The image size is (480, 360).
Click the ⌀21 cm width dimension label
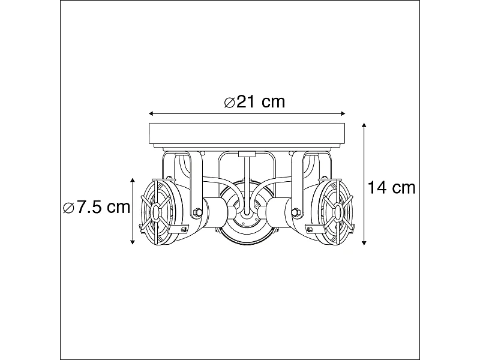(x=254, y=102)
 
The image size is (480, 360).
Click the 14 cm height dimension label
(x=392, y=188)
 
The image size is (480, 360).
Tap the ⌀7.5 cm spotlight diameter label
(x=97, y=208)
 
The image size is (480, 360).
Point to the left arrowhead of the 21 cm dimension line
(x=151, y=113)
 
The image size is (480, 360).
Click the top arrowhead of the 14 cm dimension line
(x=365, y=127)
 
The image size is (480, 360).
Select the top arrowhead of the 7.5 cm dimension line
(x=133, y=180)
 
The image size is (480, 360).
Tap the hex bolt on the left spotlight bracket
(x=197, y=212)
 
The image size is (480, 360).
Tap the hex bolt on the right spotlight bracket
(x=295, y=212)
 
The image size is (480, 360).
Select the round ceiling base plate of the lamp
(x=247, y=135)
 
